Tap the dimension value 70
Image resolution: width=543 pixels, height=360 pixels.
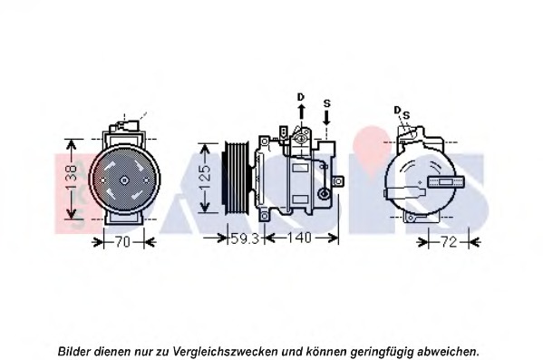coord(125,240)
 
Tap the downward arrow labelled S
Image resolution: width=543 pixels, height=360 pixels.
coord(327,115)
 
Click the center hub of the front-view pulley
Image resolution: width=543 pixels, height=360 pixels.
coord(125,180)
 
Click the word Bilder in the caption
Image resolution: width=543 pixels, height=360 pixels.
coord(74,350)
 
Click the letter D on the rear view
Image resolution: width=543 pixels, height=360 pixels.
coord(397,110)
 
